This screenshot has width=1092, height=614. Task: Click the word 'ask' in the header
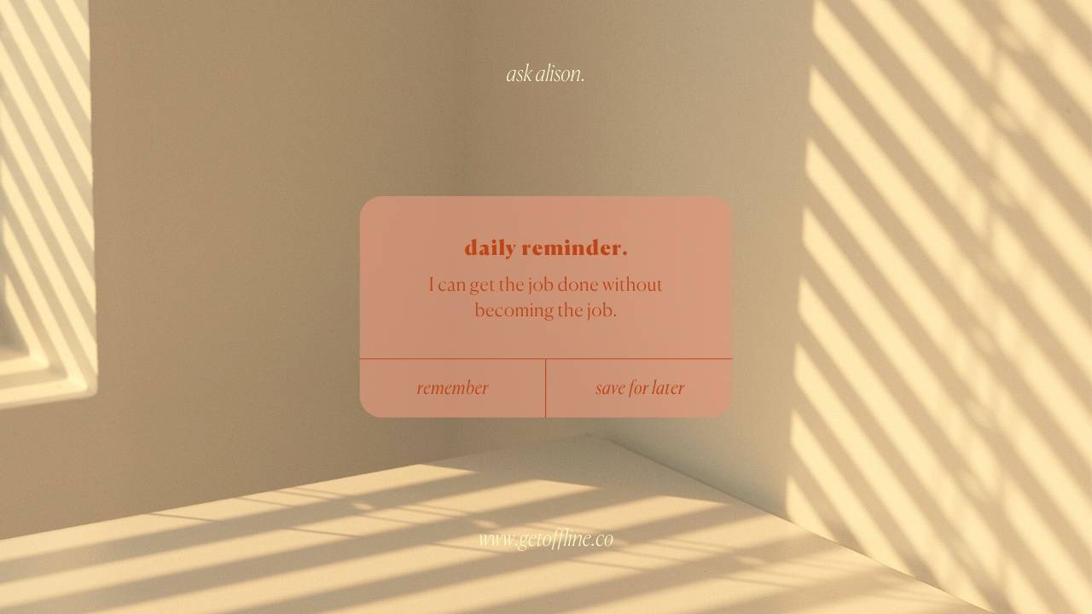coord(519,74)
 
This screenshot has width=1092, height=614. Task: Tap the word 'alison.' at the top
coord(560,74)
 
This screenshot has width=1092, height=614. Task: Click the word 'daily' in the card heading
coord(490,248)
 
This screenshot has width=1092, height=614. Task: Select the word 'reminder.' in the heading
coord(574,248)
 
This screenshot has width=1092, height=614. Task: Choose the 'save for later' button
coord(639,388)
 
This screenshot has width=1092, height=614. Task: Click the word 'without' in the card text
coord(632,285)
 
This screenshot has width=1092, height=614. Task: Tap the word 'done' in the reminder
coord(578,285)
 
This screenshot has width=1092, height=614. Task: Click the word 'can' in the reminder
coord(451,285)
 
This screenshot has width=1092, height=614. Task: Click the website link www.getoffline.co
coord(545,539)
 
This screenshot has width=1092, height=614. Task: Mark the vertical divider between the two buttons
coord(545,388)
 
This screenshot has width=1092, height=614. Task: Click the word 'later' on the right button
coord(668,388)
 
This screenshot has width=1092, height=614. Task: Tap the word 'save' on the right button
coord(610,388)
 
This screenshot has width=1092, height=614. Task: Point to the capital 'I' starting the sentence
coord(432,285)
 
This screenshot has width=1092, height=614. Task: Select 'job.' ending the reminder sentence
coord(601,310)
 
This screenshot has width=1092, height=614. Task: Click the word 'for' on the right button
coord(639,388)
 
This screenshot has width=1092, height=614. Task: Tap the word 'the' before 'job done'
coord(510,285)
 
